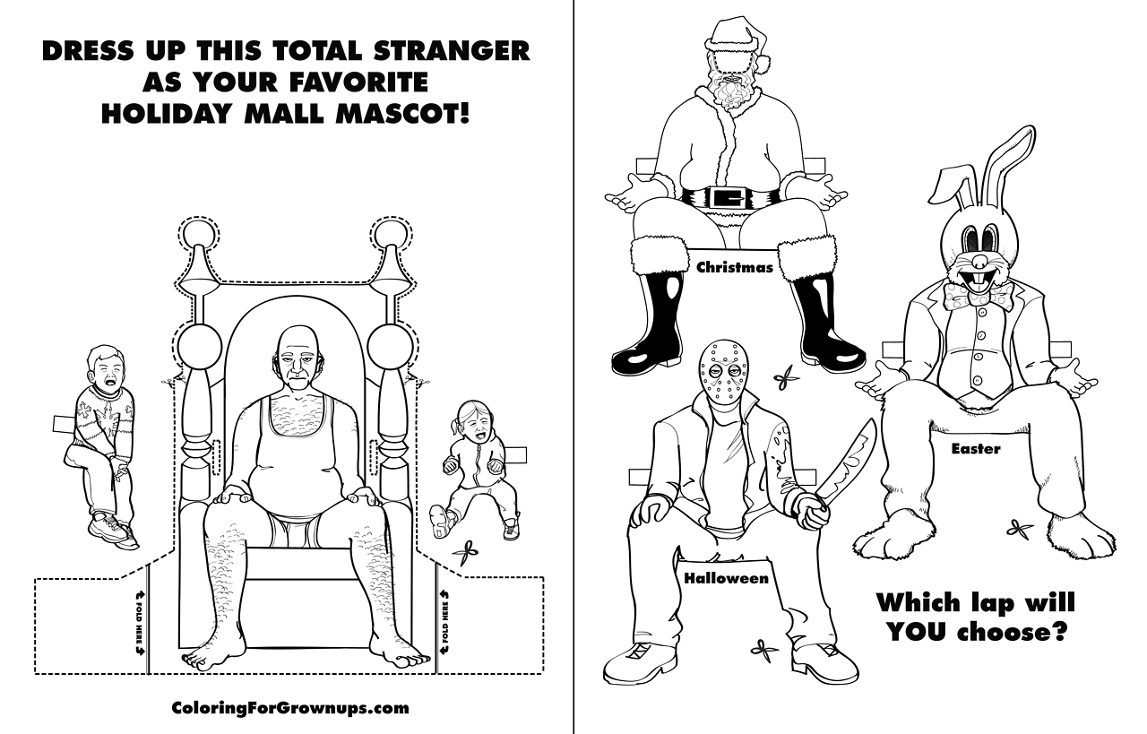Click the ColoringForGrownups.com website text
[290, 708]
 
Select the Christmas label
[735, 267]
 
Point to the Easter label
[976, 449]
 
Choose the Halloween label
[727, 578]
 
